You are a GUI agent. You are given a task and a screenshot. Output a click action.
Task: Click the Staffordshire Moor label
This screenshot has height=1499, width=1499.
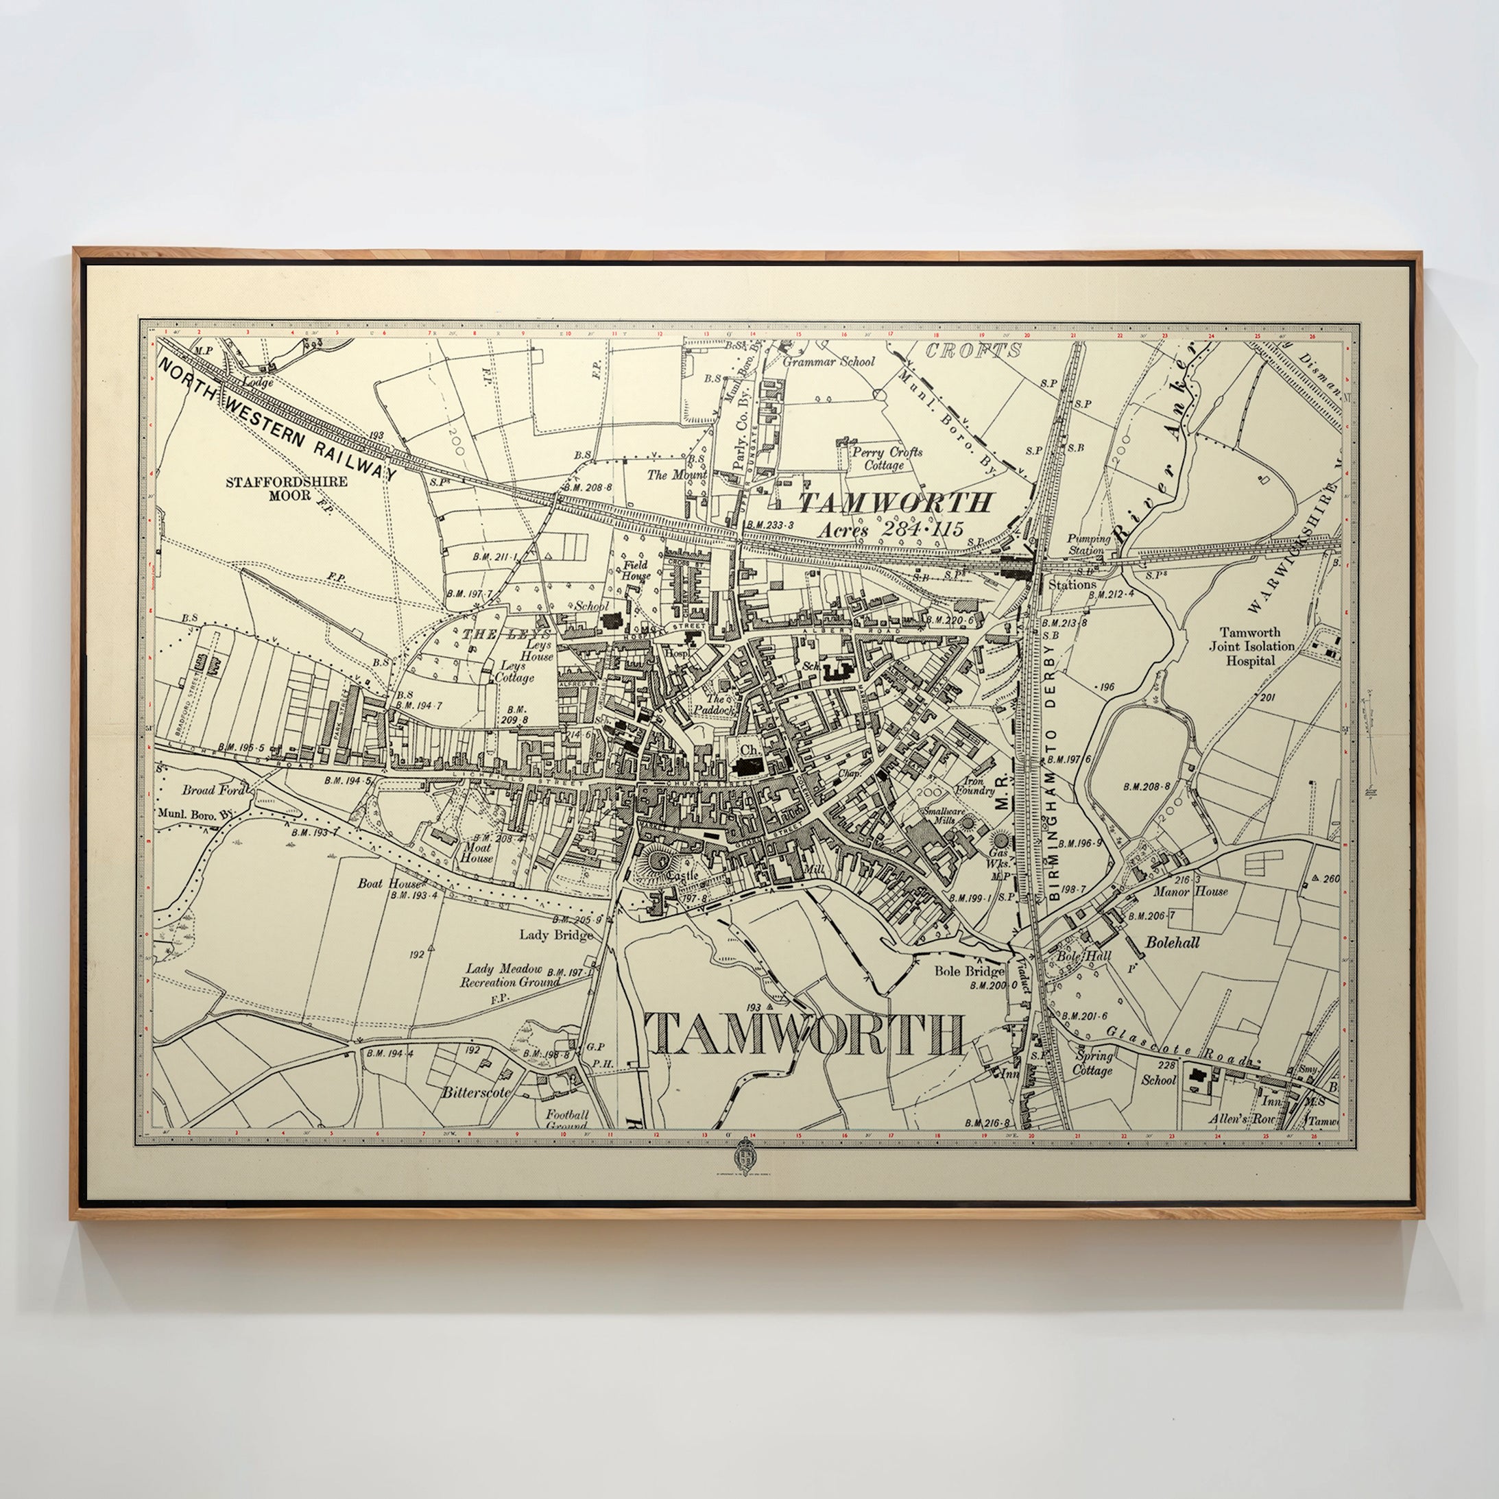click(x=287, y=488)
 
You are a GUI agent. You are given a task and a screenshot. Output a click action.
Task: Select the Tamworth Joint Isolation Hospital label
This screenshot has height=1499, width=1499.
click(x=1250, y=647)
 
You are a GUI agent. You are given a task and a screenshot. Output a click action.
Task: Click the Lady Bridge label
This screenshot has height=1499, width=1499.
click(x=555, y=934)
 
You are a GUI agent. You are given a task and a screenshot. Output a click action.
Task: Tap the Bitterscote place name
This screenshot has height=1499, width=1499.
click(x=476, y=1092)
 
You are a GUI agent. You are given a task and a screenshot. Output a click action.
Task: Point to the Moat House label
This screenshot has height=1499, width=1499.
click(x=477, y=852)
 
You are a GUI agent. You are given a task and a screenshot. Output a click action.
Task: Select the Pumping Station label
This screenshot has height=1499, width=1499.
click(x=1088, y=544)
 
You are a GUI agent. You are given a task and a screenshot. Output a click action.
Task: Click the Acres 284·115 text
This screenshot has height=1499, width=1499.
click(x=890, y=530)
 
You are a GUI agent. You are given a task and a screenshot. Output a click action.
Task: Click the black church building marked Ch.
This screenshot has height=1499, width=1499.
click(x=748, y=767)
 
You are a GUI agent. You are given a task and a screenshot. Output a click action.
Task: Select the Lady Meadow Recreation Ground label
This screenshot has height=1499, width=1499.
click(x=512, y=975)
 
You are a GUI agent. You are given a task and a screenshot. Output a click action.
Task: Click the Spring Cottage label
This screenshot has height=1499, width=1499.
click(x=1093, y=1063)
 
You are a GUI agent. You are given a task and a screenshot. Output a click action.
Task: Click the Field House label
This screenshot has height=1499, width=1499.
click(x=636, y=571)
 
